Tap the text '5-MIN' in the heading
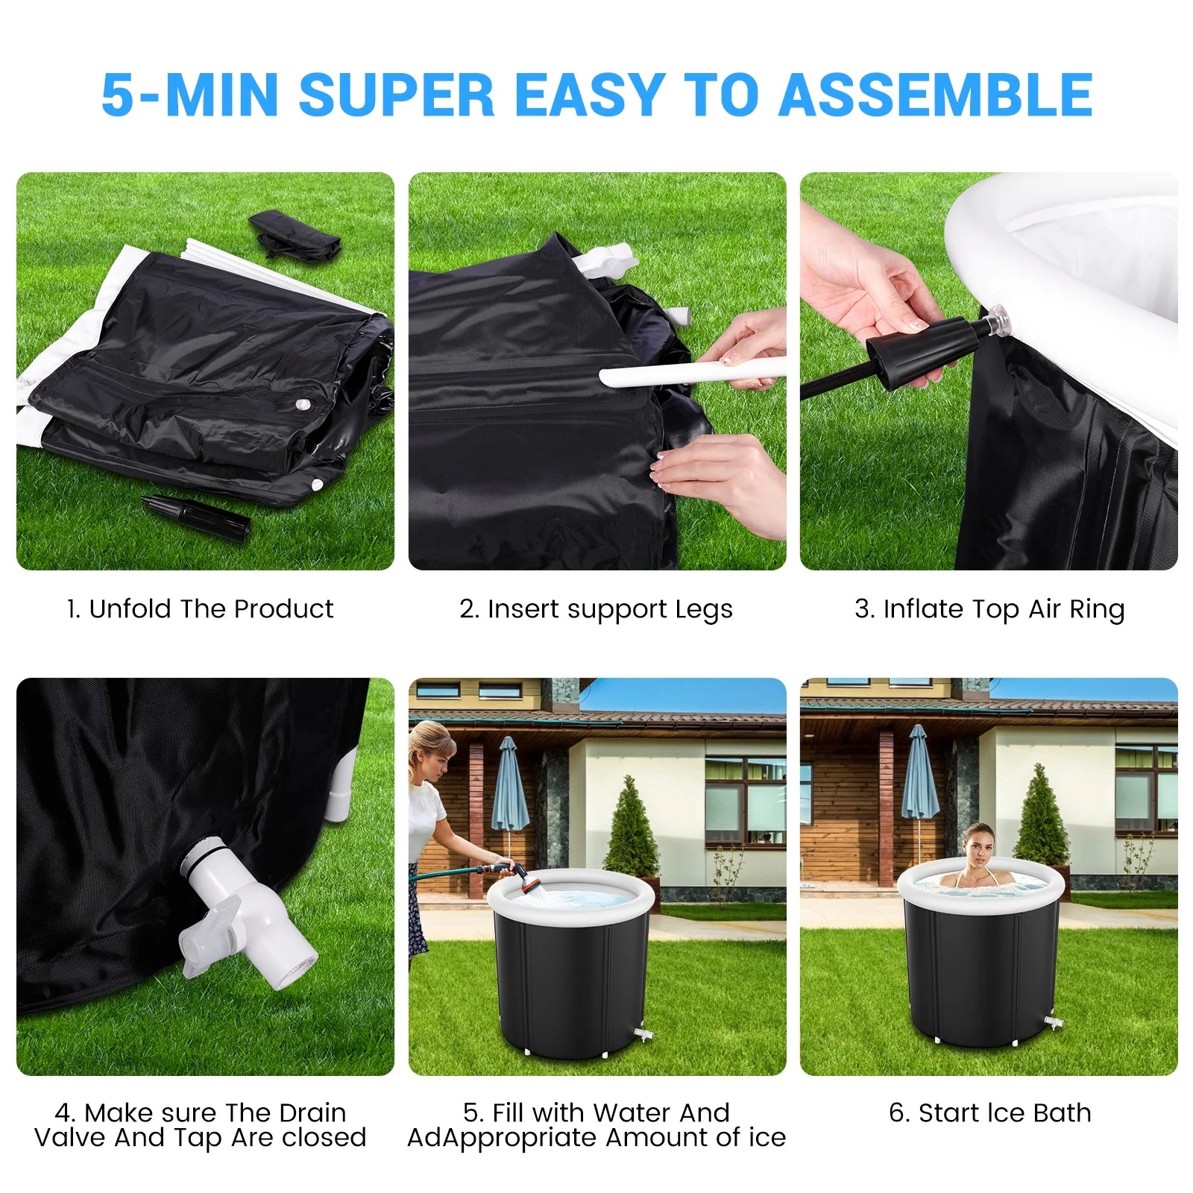[x=190, y=95]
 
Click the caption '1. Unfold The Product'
[x=200, y=609]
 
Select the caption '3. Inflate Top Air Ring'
[x=989, y=609]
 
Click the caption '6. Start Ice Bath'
[x=989, y=1112]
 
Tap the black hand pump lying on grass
[x=195, y=516]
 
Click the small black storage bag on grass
[x=295, y=233]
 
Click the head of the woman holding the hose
[x=430, y=746]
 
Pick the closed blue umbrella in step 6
[x=919, y=775]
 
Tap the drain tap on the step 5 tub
[x=641, y=1035]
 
